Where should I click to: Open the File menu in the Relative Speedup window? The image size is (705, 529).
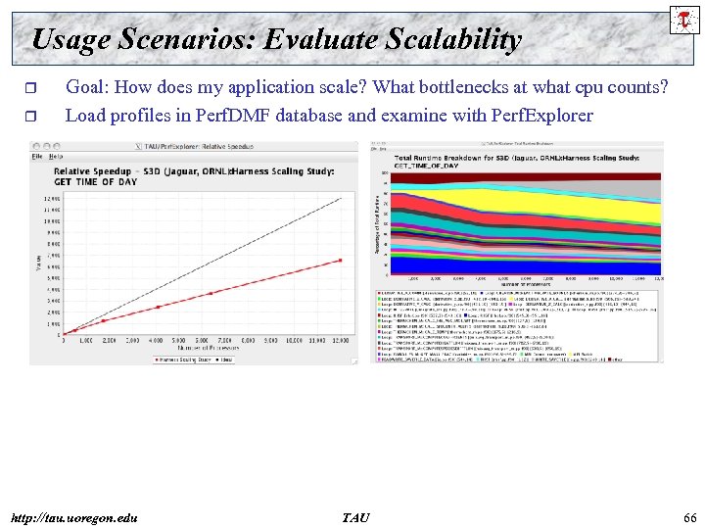37,156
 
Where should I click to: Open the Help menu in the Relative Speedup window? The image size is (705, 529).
56,156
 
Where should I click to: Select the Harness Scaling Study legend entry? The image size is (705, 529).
184,359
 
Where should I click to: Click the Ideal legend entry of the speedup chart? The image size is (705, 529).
224,359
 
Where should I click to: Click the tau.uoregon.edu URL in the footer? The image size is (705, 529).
74,516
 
